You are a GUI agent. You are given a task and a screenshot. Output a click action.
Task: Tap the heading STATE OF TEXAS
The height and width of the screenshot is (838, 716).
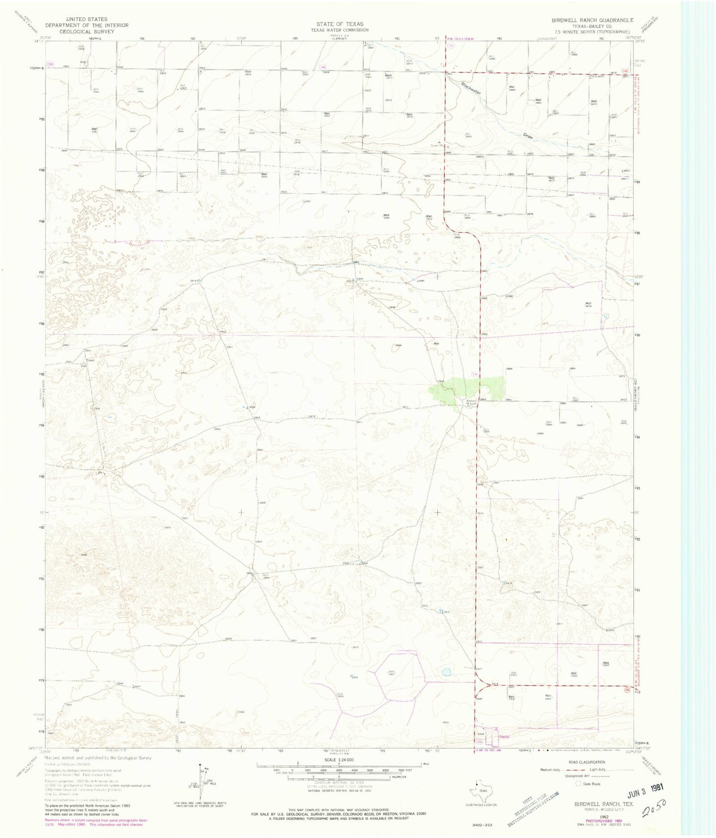(340, 24)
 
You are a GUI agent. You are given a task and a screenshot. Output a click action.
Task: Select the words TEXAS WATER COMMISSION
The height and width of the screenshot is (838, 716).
(340, 30)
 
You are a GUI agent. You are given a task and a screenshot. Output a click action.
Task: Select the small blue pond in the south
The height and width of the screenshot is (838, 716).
(446, 672)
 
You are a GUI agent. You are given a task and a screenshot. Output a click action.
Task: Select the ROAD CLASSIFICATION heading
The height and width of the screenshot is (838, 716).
(587, 762)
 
